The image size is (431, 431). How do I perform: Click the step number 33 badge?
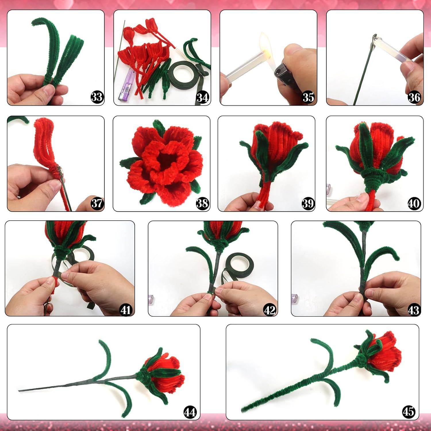tap(97, 97)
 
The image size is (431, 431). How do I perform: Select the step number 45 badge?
tap(408, 411)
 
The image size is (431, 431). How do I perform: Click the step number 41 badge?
tap(126, 310)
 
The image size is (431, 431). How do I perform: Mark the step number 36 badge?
tap(414, 97)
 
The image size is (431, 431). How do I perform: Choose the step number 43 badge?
tap(413, 310)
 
